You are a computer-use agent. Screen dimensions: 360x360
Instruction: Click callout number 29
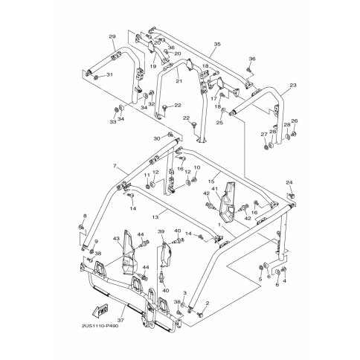112,36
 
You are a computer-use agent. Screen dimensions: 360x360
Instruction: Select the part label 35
216,44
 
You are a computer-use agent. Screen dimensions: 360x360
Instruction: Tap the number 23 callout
292,86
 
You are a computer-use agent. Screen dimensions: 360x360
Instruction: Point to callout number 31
110,75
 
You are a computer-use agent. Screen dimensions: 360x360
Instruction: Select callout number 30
157,138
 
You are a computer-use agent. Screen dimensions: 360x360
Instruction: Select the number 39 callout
160,233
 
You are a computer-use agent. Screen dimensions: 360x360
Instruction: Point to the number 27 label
263,134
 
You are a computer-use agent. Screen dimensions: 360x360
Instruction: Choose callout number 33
114,122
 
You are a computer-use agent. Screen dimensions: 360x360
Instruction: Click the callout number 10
197,168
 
